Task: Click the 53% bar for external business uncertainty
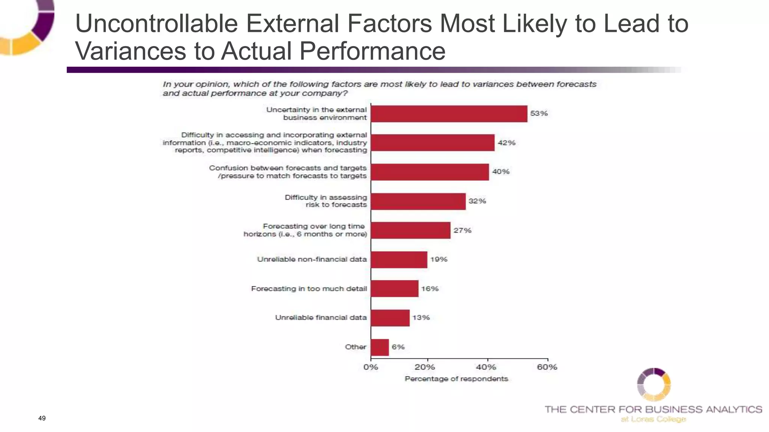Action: click(x=449, y=114)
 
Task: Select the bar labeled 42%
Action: click(x=432, y=142)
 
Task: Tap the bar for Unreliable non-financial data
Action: click(x=399, y=259)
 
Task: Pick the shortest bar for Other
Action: click(x=380, y=347)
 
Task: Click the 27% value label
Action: click(x=462, y=230)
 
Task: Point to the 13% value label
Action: click(x=421, y=318)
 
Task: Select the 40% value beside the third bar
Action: click(x=501, y=172)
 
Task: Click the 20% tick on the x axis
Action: click(x=425, y=367)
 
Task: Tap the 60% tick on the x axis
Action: click(x=547, y=367)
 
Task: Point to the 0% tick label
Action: click(x=371, y=367)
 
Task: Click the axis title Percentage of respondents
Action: click(x=456, y=379)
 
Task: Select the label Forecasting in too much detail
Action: click(x=309, y=289)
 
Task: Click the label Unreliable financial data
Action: click(x=321, y=318)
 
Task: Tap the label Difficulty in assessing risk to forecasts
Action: click(x=326, y=201)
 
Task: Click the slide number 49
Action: click(x=42, y=418)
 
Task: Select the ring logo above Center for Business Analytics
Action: click(x=654, y=384)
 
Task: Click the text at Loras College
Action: click(x=653, y=419)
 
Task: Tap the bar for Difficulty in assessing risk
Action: click(x=418, y=201)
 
